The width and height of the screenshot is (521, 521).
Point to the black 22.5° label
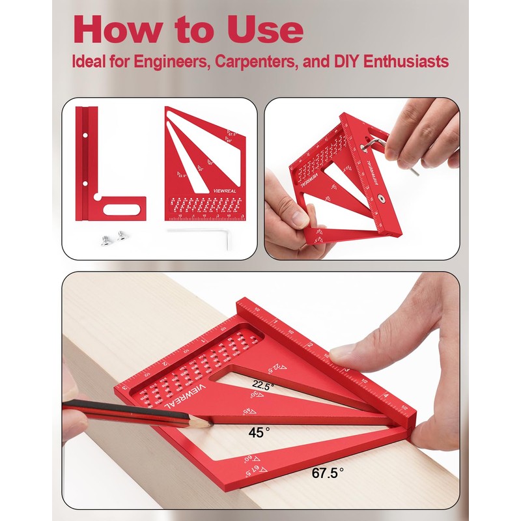[x=264, y=384]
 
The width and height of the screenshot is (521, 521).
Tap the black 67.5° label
[x=325, y=474]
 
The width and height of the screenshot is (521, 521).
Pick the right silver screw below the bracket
[x=120, y=238]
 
